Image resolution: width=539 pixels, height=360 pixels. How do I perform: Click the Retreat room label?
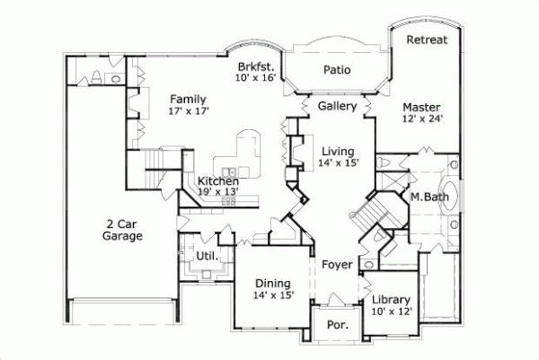click(x=427, y=40)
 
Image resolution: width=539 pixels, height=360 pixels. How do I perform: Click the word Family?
click(x=189, y=99)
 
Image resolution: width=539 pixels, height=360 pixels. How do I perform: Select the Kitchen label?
click(x=218, y=181)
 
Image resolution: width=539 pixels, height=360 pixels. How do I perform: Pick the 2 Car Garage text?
click(x=122, y=230)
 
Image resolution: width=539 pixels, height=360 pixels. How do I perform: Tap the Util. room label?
click(x=207, y=257)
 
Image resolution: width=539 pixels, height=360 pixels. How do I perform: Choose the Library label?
click(x=392, y=300)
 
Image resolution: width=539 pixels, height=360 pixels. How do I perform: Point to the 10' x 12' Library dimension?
click(x=392, y=312)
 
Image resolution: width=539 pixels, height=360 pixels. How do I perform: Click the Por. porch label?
click(x=339, y=324)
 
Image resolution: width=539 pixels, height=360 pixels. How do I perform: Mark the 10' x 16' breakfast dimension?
click(x=257, y=79)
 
